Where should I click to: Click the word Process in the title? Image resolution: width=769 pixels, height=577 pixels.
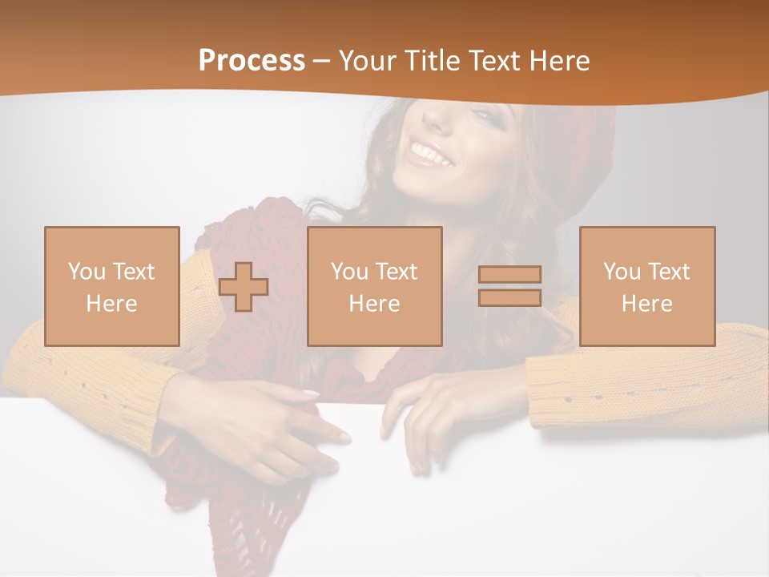pyautogui.click(x=252, y=61)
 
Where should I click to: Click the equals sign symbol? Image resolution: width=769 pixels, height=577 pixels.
pyautogui.click(x=509, y=286)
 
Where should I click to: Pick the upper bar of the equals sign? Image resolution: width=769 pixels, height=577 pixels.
pyautogui.click(x=509, y=275)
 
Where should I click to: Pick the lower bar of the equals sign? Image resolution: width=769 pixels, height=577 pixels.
pyautogui.click(x=509, y=297)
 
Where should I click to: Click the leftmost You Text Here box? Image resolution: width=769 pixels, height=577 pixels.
pyautogui.click(x=112, y=286)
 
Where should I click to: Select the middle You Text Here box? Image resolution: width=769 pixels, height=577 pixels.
pyautogui.click(x=375, y=286)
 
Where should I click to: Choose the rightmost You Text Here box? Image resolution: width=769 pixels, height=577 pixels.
pyautogui.click(x=647, y=286)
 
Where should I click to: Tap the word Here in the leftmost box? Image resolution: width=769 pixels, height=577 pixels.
pyautogui.click(x=112, y=304)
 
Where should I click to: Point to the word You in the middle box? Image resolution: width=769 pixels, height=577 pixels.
pyautogui.click(x=349, y=272)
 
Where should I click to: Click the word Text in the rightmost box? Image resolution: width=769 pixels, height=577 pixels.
pyautogui.click(x=670, y=272)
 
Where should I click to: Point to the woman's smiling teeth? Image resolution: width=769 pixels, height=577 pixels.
pyautogui.click(x=430, y=151)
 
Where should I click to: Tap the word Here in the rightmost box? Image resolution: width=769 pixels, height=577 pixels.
pyautogui.click(x=647, y=304)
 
